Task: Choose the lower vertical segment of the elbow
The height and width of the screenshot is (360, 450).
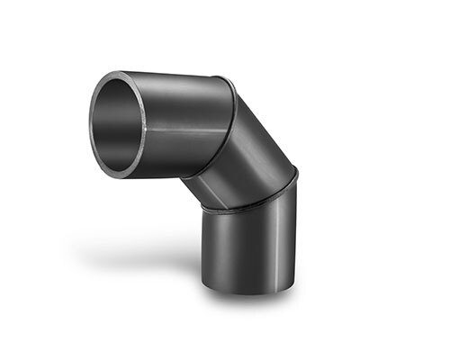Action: (x=247, y=247)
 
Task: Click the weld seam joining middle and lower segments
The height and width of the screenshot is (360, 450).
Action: (x=247, y=205)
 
